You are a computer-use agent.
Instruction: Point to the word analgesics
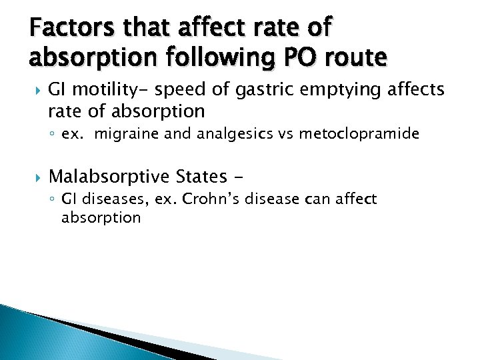tap(227, 134)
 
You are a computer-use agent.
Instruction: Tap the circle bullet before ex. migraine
tap(52, 135)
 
